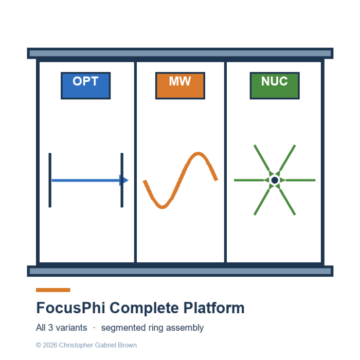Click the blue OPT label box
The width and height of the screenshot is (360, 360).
pos(86,86)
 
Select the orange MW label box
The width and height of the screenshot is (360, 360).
pos(180,86)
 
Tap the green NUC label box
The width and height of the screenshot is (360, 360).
pos(275,86)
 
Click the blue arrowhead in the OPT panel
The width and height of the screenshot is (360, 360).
pos(124,180)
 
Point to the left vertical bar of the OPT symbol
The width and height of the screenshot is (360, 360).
pos(50,180)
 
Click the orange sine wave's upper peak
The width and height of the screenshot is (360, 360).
pos(198,153)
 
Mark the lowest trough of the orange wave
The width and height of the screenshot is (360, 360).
pos(163,207)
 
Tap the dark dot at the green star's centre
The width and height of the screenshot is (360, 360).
pos(275,180)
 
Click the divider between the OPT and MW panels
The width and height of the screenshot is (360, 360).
pos(135,162)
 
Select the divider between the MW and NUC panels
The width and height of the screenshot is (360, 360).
pos(225,162)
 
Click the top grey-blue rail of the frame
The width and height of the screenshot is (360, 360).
pos(180,53)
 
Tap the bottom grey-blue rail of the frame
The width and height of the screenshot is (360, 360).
pos(180,271)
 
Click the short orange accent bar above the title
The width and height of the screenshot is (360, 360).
pos(53,290)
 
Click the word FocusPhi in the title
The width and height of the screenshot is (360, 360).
pos(71,308)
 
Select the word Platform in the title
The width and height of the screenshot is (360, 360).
pos(214,308)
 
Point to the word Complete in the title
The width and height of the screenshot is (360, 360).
pos(144,309)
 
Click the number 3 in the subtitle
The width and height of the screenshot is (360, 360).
pos(50,328)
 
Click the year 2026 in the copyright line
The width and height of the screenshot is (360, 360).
pos(50,345)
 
